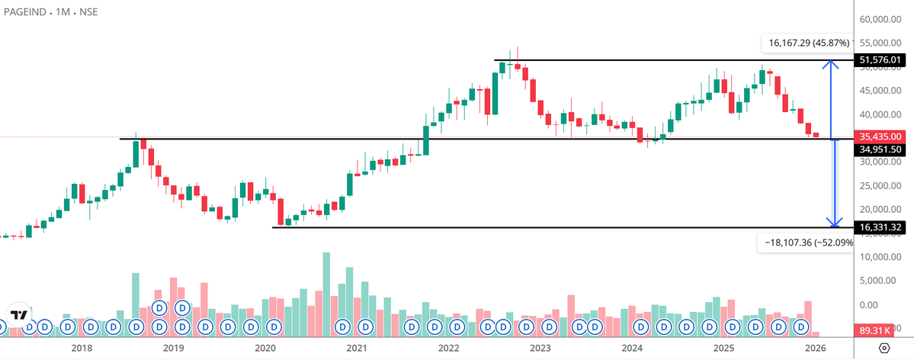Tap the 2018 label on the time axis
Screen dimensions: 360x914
[81, 348]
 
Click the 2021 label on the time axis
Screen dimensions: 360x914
[357, 348]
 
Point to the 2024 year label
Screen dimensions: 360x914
[632, 348]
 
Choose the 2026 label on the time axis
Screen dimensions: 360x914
[815, 348]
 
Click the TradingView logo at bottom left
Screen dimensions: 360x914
[19, 314]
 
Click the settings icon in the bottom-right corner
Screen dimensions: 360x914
[884, 348]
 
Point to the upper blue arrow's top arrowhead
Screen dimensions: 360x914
[835, 64]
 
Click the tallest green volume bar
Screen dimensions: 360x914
[326, 294]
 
